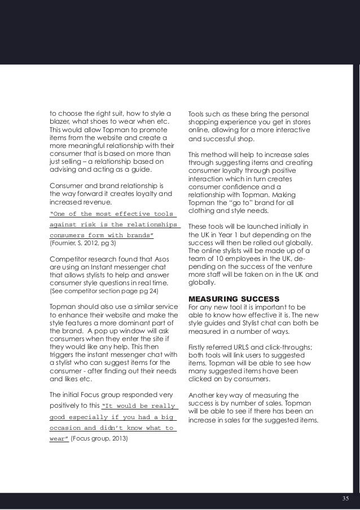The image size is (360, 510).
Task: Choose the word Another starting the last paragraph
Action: (x=203, y=394)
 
